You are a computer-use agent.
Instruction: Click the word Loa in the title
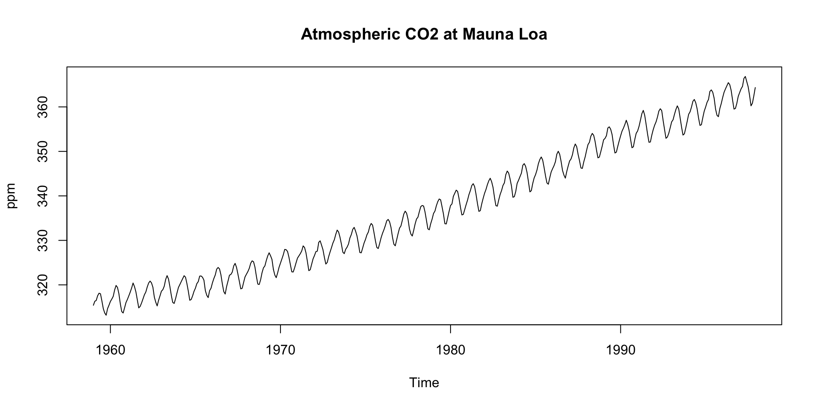[x=533, y=34]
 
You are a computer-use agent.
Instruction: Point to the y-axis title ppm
[x=11, y=196]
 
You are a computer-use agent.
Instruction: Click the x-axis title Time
[x=424, y=383]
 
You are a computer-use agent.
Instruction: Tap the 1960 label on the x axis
[x=110, y=350]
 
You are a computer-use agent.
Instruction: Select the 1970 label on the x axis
[x=280, y=350]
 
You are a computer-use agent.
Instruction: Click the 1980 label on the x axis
[x=450, y=350]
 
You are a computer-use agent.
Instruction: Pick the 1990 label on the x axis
[x=620, y=350]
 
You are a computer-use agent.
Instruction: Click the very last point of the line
[x=755, y=88]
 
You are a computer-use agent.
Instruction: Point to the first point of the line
[x=93, y=305]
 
